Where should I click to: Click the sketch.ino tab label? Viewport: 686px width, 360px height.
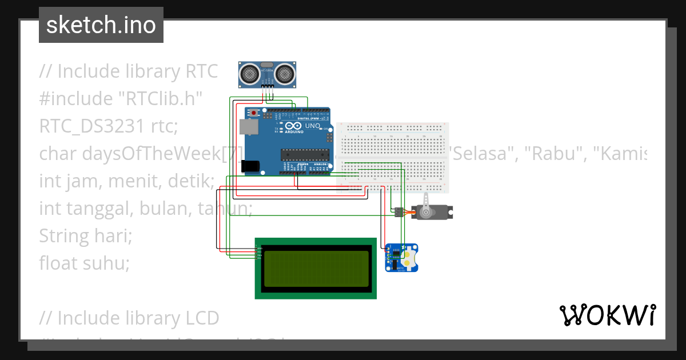click(x=101, y=25)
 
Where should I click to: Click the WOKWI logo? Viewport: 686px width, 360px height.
click(x=607, y=315)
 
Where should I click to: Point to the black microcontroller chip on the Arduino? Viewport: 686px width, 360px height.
click(x=305, y=154)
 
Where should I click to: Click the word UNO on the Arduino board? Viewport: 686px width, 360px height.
click(x=313, y=126)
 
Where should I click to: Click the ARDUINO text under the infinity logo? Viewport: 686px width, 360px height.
click(x=293, y=132)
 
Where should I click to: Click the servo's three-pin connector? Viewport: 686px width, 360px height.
click(x=397, y=212)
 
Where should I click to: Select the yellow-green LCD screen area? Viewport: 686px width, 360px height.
click(x=316, y=269)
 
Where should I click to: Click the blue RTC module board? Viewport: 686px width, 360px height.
click(x=402, y=258)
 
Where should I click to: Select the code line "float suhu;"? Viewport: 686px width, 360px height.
click(x=85, y=263)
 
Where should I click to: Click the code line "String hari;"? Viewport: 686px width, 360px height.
click(x=86, y=235)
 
